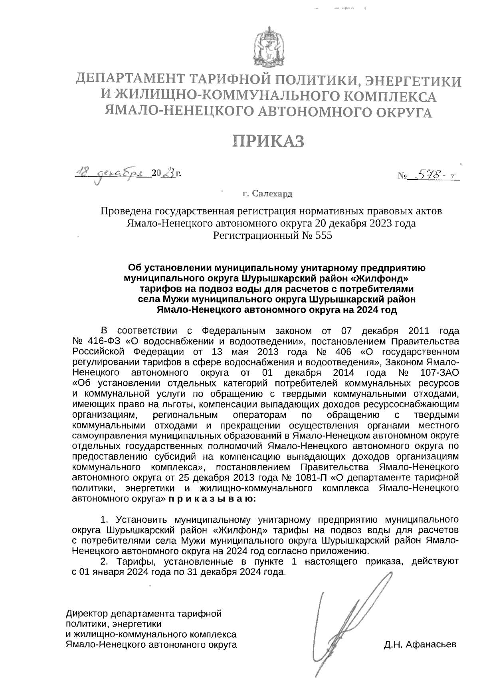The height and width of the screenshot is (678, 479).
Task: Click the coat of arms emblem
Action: click(x=268, y=46)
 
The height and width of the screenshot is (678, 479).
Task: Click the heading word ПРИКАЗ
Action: click(x=269, y=141)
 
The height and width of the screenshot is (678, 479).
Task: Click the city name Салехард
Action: click(x=273, y=194)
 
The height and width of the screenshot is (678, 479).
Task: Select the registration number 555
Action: click(x=323, y=236)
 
